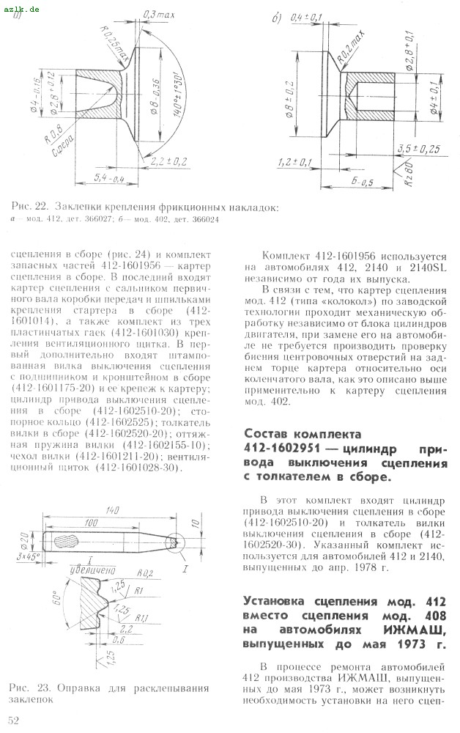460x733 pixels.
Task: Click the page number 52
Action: tap(13, 721)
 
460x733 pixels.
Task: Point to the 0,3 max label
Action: tap(154, 15)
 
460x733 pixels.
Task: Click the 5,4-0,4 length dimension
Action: tap(88, 178)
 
